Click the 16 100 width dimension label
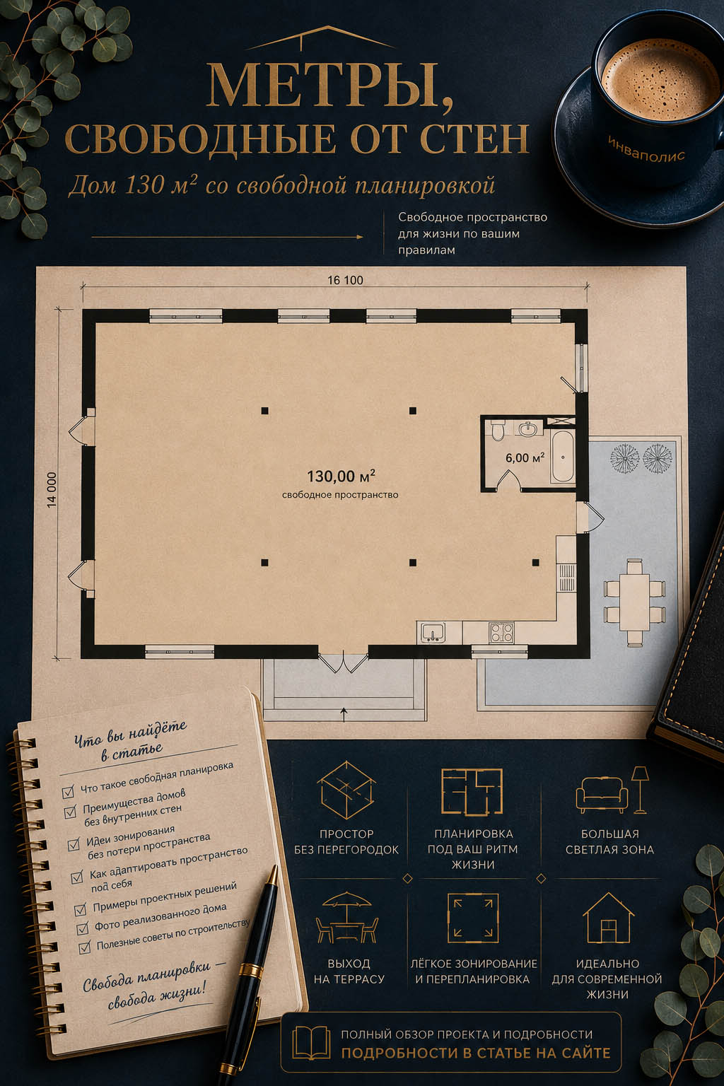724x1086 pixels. pyautogui.click(x=345, y=280)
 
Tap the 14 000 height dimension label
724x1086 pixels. pyautogui.click(x=52, y=490)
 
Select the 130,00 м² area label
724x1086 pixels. pyautogui.click(x=341, y=476)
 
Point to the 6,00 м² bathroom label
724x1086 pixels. pyautogui.click(x=525, y=457)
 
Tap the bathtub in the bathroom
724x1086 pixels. pyautogui.click(x=563, y=457)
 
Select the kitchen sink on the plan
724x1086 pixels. pyautogui.click(x=433, y=633)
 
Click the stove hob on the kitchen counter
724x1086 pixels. pyautogui.click(x=501, y=633)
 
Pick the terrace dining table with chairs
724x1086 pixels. pyautogui.click(x=634, y=602)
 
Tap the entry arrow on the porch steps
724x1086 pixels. pyautogui.click(x=344, y=714)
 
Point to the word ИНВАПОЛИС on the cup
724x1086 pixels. pyautogui.click(x=646, y=149)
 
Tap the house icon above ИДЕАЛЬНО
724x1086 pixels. pyautogui.click(x=608, y=918)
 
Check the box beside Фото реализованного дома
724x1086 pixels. pyautogui.click(x=83, y=928)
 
